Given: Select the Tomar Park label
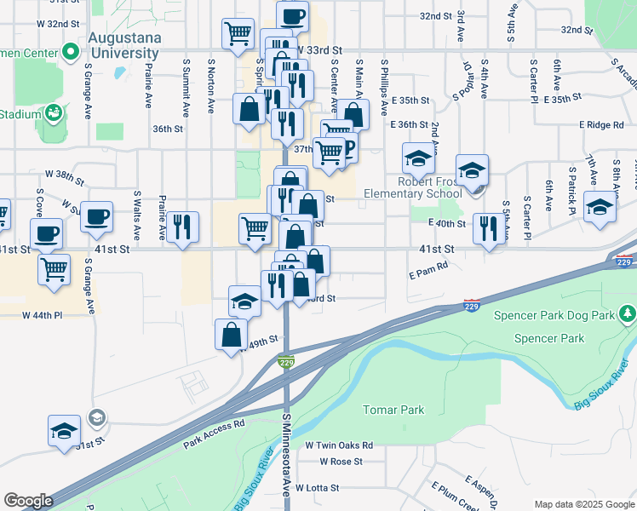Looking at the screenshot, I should pos(393,410).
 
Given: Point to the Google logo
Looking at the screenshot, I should pos(28,501).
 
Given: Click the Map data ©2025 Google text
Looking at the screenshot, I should pos(583,504).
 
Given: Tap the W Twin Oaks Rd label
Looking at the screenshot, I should pos(339,445).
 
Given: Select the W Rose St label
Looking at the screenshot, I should pos(341,462).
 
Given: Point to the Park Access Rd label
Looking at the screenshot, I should pos(214,433).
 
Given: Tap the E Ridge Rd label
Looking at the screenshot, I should pos(601,125).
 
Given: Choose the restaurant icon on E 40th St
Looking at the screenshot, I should pos(489,227).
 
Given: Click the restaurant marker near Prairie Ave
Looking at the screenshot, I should pos(182,226).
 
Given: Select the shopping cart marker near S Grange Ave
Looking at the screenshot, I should pos(55,268).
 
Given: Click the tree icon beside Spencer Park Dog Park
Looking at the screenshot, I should pos(628,315).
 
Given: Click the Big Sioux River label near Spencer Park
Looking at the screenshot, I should pos(601,384).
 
